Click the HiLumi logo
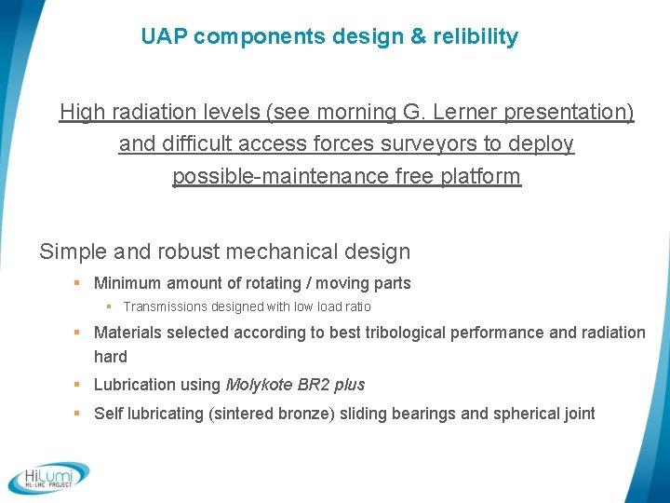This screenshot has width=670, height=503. [x=48, y=477]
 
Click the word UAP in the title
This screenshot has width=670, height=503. [x=164, y=37]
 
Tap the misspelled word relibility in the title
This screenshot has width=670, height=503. [x=473, y=37]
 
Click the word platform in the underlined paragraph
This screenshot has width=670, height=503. [x=479, y=176]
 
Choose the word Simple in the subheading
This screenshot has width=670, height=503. [x=73, y=251]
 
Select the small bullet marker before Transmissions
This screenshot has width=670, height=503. [x=109, y=306]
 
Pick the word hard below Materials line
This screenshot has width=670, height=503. [x=111, y=357]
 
